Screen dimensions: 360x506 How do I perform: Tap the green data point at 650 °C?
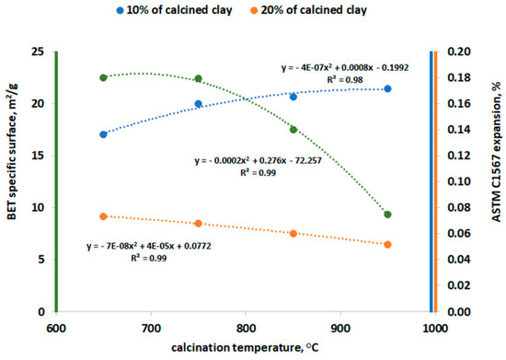tap(103, 77)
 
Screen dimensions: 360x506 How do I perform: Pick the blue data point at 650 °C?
tap(103, 134)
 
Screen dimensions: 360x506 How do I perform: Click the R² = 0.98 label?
tap(344, 80)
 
